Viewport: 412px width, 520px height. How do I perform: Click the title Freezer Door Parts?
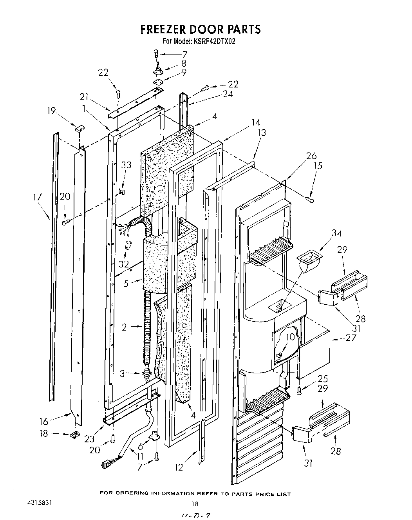click(x=200, y=29)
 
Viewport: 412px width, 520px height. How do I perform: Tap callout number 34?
click(x=336, y=234)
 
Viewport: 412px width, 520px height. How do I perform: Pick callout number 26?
click(x=311, y=156)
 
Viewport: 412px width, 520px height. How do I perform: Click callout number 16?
click(x=43, y=422)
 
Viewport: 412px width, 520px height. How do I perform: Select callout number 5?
click(x=126, y=283)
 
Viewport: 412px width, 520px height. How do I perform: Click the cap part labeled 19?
click(x=79, y=127)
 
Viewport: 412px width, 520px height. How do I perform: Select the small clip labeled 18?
click(x=73, y=435)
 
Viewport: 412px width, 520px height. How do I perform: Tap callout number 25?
click(x=323, y=379)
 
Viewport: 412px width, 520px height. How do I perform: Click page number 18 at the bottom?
click(x=192, y=505)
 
